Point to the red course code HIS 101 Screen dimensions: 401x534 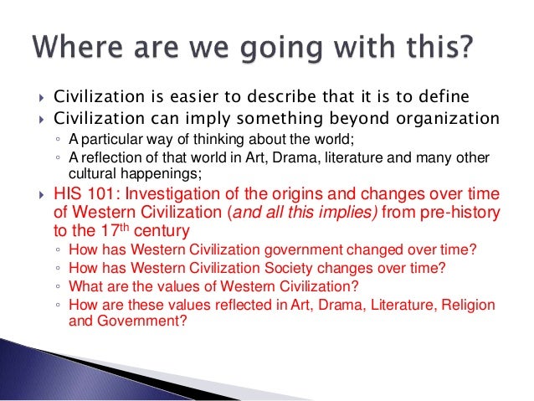80,194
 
